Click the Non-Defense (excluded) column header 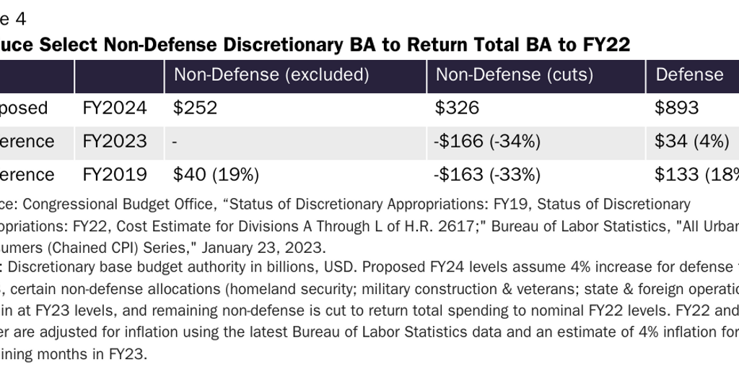271,75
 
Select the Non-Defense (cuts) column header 514,75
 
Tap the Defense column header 688,75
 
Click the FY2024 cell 115,108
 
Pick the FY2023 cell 115,142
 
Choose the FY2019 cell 115,175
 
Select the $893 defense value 676,108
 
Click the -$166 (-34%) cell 488,142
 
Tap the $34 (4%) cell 691,142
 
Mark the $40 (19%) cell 216,175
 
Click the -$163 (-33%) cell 488,175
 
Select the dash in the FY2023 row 175,142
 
